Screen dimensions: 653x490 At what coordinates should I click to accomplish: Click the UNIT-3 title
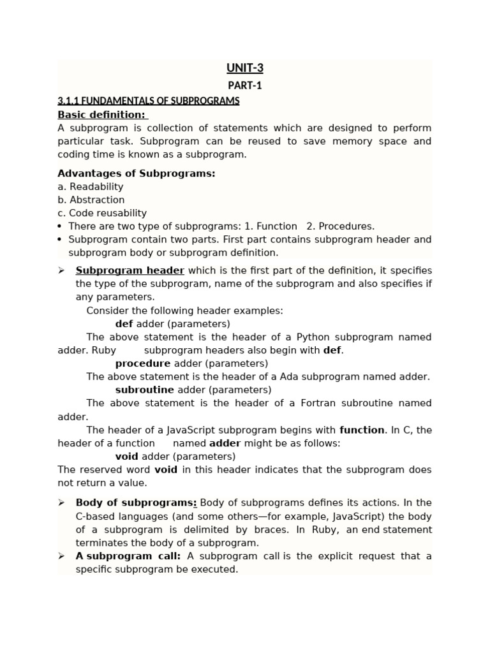pos(245,69)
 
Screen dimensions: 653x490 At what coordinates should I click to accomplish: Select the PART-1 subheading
pos(245,85)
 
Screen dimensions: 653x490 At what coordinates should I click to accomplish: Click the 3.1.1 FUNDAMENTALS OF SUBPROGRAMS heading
pos(149,101)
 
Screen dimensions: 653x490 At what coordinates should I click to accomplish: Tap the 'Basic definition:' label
pos(102,115)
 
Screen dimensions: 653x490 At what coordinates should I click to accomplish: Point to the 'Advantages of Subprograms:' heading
pos(137,173)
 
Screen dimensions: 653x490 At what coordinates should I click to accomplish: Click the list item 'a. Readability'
pos(91,187)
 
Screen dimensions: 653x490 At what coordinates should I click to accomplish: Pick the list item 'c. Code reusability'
pos(102,213)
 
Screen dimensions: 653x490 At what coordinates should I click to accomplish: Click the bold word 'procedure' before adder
pos(143,363)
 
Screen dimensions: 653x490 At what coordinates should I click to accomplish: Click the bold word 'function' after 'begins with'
pos(362,430)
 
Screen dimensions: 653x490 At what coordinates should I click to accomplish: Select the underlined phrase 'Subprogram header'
pos(130,270)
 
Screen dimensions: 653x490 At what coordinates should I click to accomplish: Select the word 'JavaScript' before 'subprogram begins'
pos(192,430)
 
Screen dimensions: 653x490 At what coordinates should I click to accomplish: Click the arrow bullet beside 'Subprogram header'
pos(62,270)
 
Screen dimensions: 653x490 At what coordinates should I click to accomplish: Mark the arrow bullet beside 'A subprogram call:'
pos(62,556)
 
